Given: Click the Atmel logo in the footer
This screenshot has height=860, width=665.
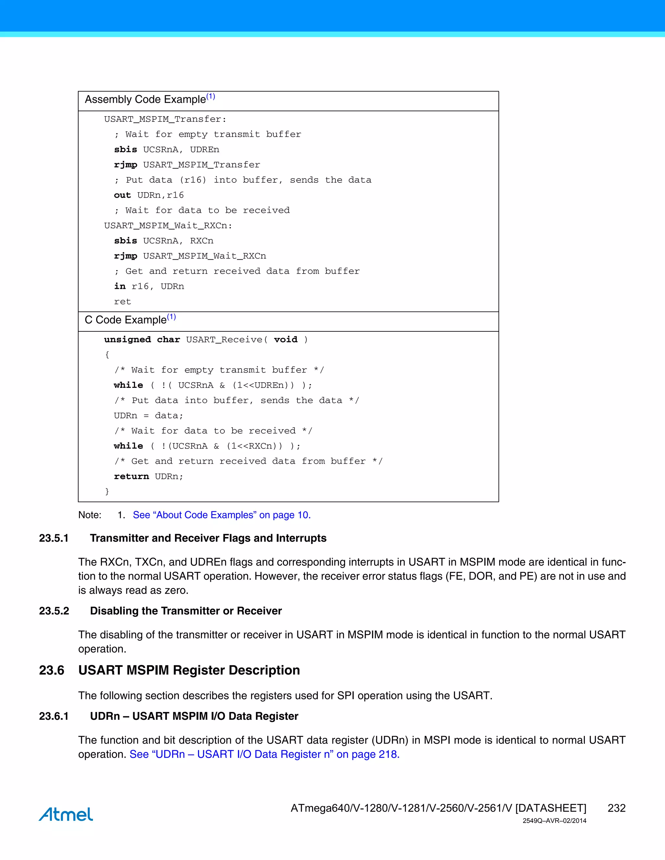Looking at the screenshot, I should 66,814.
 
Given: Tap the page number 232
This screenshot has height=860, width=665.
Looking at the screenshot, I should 616,808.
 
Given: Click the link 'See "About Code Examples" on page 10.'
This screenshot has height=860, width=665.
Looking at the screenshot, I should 221,515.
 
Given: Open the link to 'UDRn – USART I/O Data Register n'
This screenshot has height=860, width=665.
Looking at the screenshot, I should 264,754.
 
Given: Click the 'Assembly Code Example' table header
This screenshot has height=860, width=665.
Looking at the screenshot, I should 145,100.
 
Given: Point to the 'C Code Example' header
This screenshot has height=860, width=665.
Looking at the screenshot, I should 126,320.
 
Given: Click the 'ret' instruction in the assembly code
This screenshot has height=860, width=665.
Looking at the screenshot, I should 122,301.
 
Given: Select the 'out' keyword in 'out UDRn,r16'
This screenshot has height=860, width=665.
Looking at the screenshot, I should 122,195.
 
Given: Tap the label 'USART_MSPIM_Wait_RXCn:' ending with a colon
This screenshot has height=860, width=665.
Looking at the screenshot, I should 168,226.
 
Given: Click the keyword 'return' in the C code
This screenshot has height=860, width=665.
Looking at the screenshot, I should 131,476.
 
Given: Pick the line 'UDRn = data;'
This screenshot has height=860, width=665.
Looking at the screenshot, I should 148,416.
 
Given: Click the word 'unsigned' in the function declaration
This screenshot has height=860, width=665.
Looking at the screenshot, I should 127,340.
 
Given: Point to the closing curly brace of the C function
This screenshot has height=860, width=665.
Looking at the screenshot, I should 107,491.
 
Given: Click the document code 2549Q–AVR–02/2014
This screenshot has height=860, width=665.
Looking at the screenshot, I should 554,821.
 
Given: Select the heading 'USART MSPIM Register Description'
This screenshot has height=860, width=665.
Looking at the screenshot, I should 189,670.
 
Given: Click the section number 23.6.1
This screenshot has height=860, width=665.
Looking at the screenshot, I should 54,716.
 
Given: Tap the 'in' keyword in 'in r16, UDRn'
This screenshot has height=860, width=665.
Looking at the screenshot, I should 119,287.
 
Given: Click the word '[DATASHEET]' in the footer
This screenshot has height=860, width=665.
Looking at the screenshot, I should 550,808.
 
